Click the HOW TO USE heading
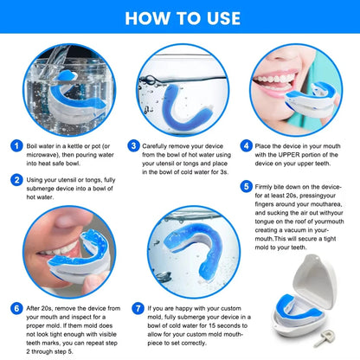click(180, 17)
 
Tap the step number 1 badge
click(16, 147)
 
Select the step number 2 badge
click(16, 180)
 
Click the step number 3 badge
click(134, 147)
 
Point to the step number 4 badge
click(247, 147)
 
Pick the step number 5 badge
click(247, 185)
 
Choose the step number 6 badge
click(16, 307)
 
